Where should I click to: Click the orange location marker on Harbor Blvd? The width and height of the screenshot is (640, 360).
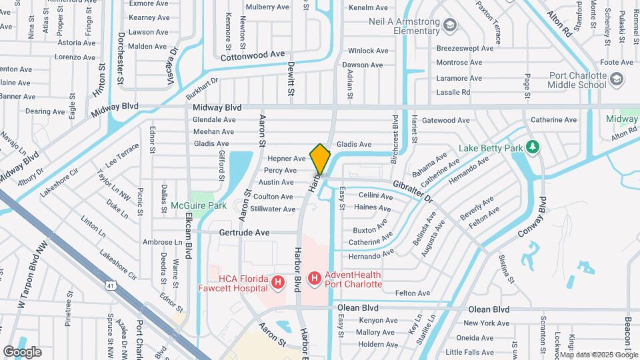(321, 159)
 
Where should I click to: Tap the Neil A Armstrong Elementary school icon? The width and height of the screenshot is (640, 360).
(451, 26)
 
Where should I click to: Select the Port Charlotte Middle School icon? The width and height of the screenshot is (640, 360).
(617, 80)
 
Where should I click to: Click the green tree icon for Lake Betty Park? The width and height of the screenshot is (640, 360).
(532, 146)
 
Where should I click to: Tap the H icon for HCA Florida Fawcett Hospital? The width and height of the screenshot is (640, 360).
(278, 284)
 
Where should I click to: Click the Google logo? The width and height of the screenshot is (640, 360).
(22, 351)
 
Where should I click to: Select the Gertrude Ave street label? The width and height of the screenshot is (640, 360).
(244, 233)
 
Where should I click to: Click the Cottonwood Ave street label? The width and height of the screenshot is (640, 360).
(253, 55)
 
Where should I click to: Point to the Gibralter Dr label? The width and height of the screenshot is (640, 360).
(413, 191)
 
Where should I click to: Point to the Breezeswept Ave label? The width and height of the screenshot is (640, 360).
(465, 49)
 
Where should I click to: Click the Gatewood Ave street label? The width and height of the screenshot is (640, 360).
(446, 121)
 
